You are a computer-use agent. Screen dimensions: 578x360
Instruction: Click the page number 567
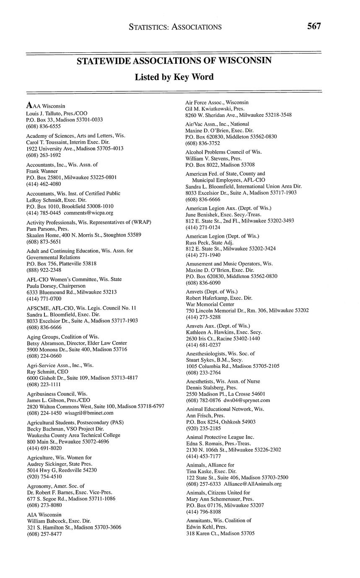coord(314,26)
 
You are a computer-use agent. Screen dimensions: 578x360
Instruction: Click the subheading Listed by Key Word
coord(174,77)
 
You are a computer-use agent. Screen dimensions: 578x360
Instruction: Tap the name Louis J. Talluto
coord(44,113)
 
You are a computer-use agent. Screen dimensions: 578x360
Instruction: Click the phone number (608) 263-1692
coord(44,155)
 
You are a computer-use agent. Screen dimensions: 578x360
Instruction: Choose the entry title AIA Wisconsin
coord(44,514)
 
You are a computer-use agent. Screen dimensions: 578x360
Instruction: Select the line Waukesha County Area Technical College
coord(73,435)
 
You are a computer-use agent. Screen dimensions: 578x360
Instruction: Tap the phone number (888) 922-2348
coord(44,270)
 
